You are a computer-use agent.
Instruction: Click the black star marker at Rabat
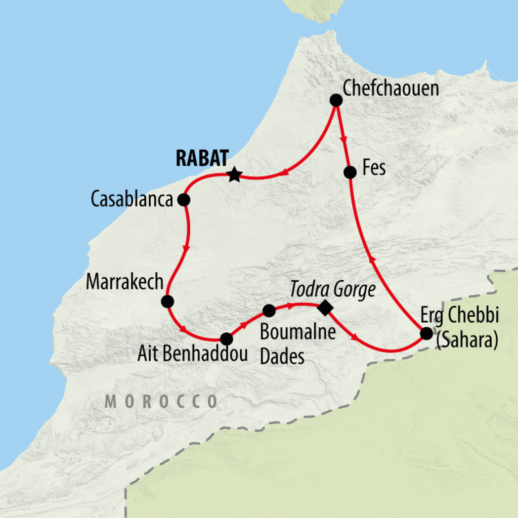[x=234, y=175]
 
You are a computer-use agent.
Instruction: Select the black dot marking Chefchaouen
[x=336, y=100]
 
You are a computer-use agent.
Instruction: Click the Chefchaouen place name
[x=391, y=89]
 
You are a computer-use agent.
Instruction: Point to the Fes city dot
[x=349, y=172]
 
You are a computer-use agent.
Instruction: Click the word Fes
[x=374, y=168]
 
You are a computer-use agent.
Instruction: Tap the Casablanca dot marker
[x=184, y=200]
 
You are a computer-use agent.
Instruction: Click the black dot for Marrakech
[x=167, y=302]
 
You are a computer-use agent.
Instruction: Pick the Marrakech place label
[x=124, y=282]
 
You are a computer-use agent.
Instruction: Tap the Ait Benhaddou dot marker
[x=227, y=338]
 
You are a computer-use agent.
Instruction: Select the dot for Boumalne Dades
[x=269, y=310]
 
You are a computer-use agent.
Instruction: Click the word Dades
[x=282, y=357]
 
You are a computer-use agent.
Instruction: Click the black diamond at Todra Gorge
[x=324, y=307]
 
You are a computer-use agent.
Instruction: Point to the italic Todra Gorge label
[x=333, y=289]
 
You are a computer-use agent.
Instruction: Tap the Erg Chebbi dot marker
[x=426, y=333]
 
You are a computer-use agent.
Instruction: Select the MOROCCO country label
[x=161, y=401]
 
